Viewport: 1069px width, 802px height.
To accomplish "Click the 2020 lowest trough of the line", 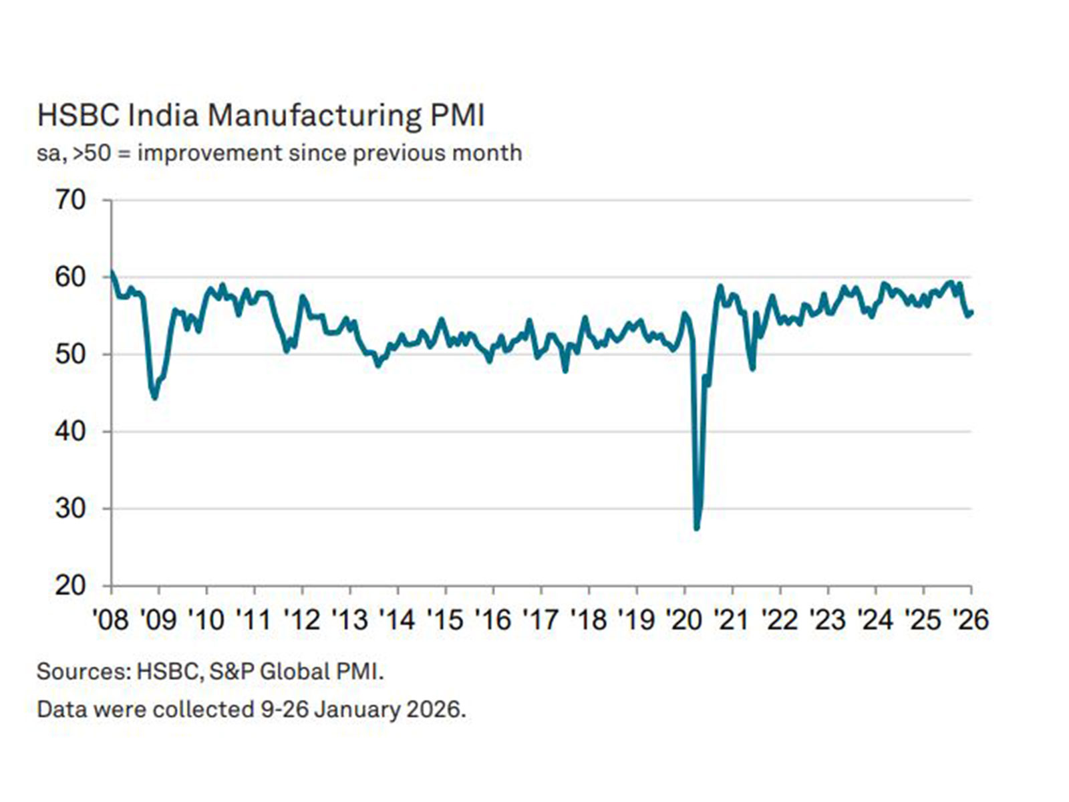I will (x=697, y=527).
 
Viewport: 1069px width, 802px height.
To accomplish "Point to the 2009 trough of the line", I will (x=155, y=398).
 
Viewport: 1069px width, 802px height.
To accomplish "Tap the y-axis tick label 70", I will (x=71, y=200).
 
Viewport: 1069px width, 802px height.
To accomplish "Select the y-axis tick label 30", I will (x=71, y=509).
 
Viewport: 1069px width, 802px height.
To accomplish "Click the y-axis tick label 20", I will (x=71, y=585).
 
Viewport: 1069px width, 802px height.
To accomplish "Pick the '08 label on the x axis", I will (x=110, y=620).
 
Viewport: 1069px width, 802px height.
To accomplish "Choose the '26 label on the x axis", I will (x=969, y=620).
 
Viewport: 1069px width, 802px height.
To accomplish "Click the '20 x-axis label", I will (x=683, y=620).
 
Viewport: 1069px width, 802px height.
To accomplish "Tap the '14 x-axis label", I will (x=397, y=620).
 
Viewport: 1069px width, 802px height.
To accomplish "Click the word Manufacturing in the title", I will (x=314, y=115).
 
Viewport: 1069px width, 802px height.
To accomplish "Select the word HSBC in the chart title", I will (x=78, y=115).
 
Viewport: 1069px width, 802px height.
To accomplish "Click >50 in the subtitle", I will (x=92, y=153).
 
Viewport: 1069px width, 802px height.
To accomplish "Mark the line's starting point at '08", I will (x=112, y=271).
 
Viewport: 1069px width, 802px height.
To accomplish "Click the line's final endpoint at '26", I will (x=971, y=312).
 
